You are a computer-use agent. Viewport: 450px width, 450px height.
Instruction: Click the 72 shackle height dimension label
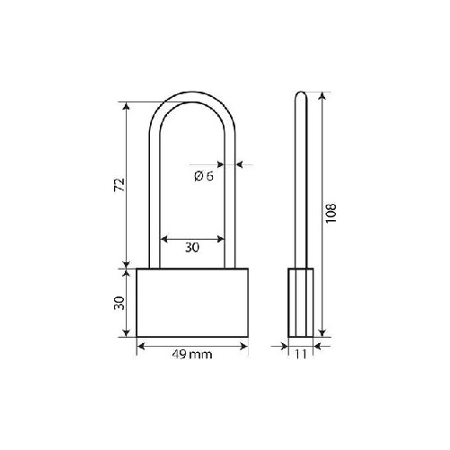point(117,185)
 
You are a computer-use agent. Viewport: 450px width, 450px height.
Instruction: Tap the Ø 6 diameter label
point(203,177)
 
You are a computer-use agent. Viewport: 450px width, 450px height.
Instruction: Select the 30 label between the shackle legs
point(192,247)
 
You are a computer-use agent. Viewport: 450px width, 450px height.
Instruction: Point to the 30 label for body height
point(117,304)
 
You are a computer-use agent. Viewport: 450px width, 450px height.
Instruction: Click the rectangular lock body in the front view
point(191,303)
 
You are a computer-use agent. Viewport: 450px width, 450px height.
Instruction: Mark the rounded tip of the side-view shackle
point(299,94)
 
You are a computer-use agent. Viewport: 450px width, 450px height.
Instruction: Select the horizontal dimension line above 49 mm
point(191,344)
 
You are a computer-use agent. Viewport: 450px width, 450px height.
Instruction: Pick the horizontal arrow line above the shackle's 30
point(192,239)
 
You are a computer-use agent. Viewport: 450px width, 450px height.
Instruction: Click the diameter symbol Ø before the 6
point(198,177)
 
